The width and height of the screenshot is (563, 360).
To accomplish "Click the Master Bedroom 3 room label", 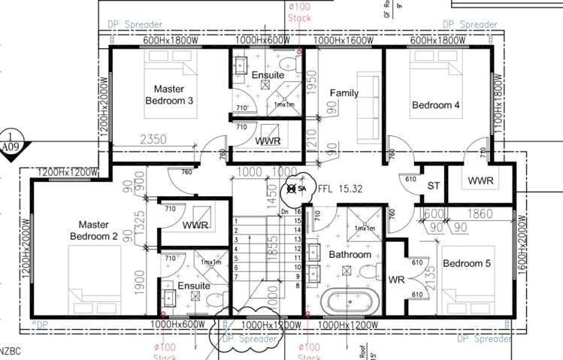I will (169, 95).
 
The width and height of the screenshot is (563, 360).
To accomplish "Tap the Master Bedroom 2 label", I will (95, 231).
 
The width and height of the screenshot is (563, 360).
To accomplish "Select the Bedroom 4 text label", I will (435, 105).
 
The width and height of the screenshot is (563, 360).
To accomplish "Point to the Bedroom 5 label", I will (466, 264).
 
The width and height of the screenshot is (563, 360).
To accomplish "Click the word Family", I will (344, 93).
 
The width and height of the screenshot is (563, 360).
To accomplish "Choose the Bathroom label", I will (350, 255).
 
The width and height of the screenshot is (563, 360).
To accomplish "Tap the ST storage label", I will (433, 185).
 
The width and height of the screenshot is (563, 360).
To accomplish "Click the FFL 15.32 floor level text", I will (341, 189).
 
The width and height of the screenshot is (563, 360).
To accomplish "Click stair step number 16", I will (298, 212).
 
